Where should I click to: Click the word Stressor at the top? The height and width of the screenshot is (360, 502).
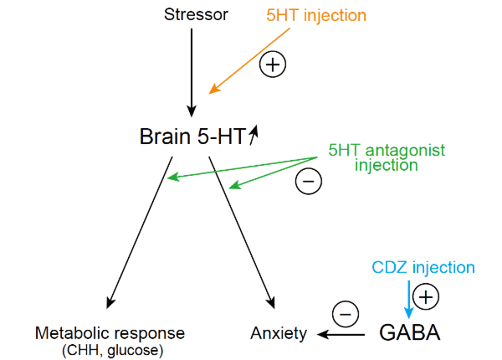point(196,14)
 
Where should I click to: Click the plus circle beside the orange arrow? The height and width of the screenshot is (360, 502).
point(272,64)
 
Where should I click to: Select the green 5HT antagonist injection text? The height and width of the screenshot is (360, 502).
point(386,158)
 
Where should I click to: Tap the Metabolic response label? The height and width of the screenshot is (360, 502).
point(110,333)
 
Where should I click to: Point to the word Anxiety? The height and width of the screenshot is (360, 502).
point(279,334)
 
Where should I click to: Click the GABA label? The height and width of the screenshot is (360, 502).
point(410,333)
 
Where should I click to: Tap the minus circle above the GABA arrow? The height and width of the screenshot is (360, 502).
point(346,314)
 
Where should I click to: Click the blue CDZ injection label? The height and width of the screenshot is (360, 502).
point(423,268)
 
